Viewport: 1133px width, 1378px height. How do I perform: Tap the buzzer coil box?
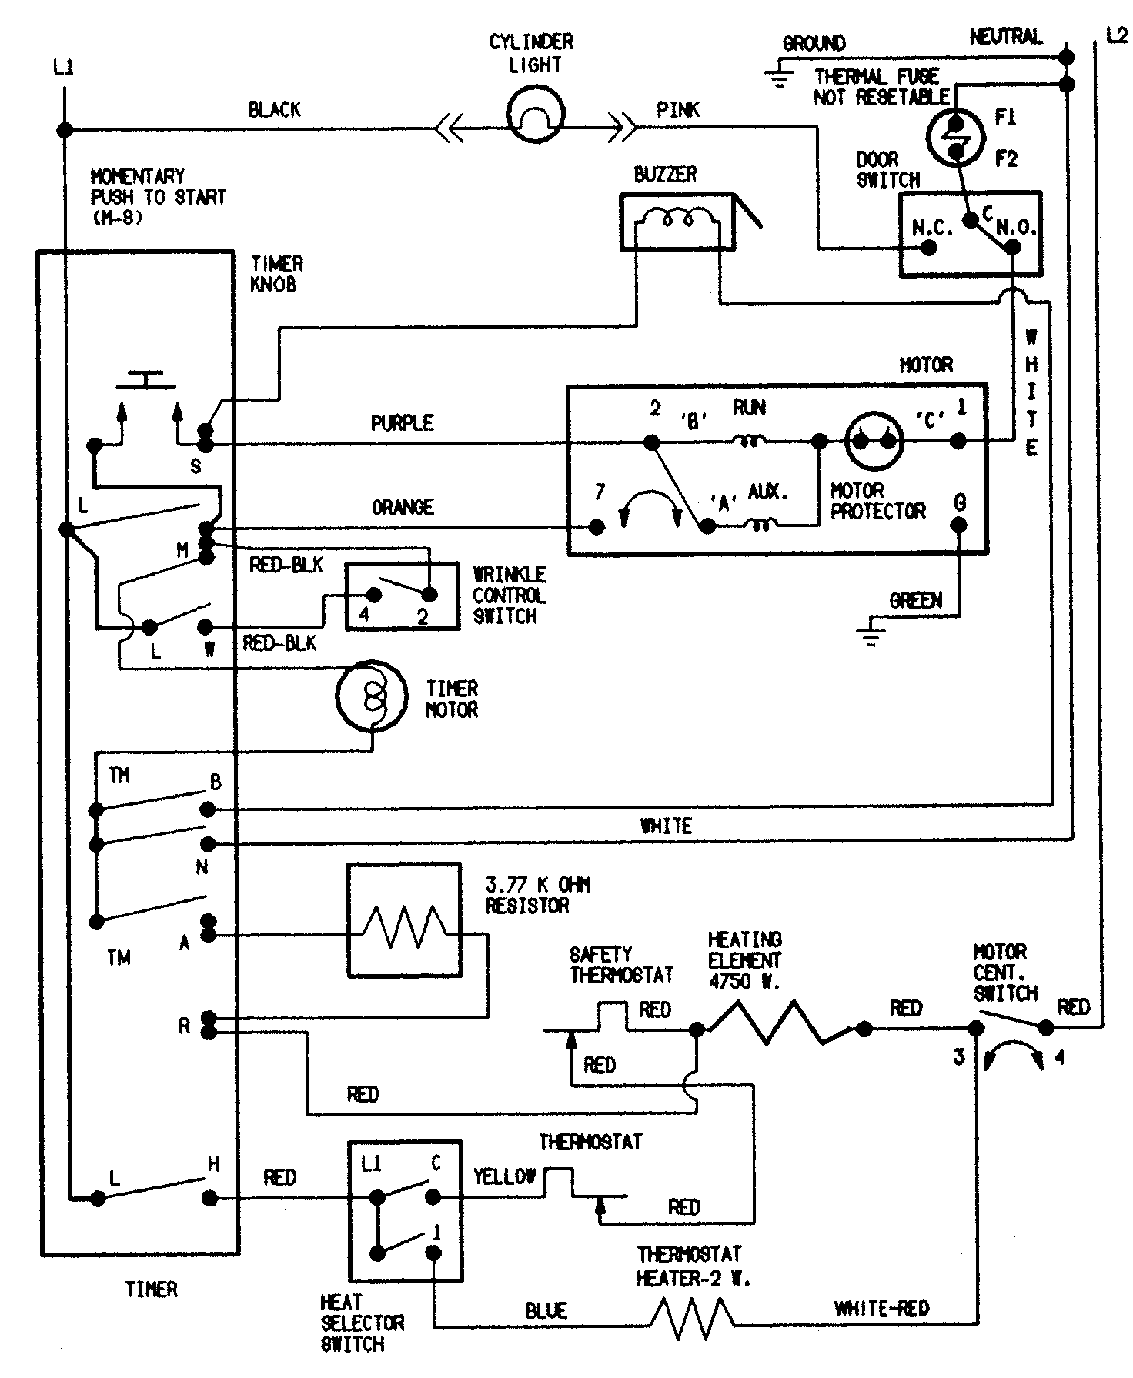pos(677,222)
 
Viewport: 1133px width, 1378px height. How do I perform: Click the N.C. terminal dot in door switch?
pos(929,248)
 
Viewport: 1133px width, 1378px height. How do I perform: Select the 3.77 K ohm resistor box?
pos(404,920)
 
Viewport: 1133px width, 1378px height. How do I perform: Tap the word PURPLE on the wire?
pos(402,423)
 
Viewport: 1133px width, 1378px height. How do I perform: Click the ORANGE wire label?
pos(403,508)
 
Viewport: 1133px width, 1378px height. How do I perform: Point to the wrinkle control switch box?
pos(402,596)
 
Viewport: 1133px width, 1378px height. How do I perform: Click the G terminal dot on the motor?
pos(958,526)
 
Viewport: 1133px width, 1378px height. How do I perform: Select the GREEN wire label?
pos(915,600)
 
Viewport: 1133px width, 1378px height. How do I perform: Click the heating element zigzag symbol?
pos(779,1023)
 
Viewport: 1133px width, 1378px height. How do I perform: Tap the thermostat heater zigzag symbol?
pos(692,1320)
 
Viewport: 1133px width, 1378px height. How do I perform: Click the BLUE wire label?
pos(546,1310)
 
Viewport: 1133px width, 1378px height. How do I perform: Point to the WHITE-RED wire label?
pos(881,1308)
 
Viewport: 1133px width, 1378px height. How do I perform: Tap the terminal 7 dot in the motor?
pos(596,526)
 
